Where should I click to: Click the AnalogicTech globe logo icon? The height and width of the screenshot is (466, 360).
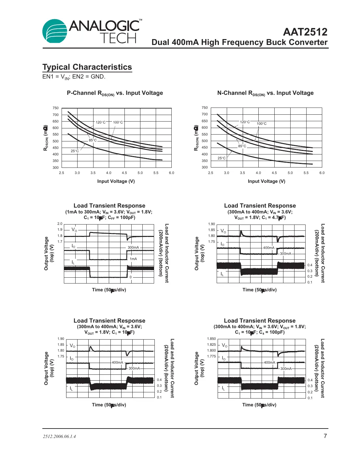54,31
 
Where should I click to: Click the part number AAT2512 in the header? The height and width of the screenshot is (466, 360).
305,32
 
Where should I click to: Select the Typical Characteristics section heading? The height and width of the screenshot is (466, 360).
87,67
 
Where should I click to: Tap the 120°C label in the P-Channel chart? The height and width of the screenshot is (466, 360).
100,123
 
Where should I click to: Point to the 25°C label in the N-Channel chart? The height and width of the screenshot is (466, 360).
222,158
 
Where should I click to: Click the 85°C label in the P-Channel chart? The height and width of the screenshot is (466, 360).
93,140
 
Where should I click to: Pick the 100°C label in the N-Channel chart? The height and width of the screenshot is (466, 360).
261,124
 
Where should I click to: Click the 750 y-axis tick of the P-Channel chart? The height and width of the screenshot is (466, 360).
56,108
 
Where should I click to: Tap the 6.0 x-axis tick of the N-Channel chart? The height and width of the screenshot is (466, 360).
322,173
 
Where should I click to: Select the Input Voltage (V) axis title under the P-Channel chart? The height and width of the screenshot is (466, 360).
116,182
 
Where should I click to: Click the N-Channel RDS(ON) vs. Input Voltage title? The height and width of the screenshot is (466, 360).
265,93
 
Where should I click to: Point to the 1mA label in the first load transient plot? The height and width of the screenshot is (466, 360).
133,259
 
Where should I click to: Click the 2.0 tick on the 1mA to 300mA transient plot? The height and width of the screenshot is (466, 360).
60,224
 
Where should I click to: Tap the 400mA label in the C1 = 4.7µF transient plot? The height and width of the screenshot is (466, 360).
269,248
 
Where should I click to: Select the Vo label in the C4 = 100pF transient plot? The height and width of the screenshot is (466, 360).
224,345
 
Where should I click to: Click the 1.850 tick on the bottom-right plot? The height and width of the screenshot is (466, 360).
211,339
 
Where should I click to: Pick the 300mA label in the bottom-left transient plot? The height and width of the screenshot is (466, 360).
134,369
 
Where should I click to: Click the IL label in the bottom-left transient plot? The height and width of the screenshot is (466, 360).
71,388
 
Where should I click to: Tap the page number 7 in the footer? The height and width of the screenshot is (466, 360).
325,436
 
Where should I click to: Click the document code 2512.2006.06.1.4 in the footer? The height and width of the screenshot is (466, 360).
59,437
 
